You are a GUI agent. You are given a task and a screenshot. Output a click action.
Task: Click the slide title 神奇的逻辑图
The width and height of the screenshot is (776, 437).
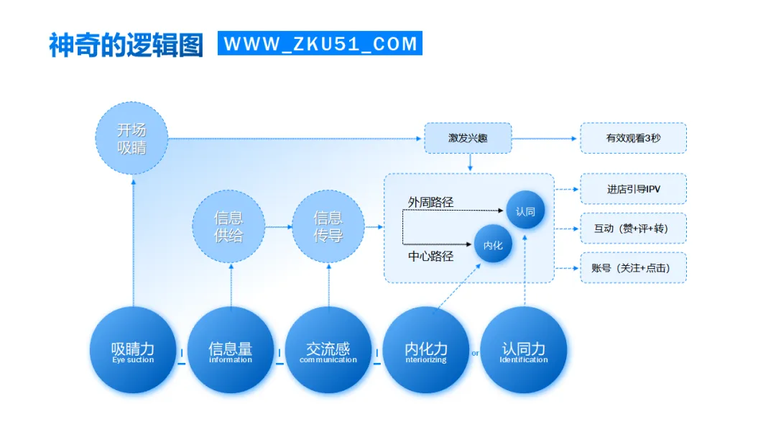pos(126,45)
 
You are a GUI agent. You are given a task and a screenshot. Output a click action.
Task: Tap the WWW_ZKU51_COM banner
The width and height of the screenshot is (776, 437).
pos(320,44)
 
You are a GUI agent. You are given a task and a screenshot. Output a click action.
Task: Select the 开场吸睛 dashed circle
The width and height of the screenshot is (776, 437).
pos(131,138)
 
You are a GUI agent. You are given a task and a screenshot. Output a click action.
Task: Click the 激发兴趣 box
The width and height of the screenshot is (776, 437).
pos(468,138)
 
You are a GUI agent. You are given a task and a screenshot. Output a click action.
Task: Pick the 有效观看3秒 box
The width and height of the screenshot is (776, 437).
pos(633,138)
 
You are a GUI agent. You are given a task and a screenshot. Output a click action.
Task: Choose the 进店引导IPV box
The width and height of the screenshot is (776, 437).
pos(633,189)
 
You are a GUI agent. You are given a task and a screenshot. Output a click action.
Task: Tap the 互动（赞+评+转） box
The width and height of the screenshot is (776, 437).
pos(633,229)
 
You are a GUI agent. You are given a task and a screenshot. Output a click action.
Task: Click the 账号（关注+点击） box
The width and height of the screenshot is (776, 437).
pos(633,268)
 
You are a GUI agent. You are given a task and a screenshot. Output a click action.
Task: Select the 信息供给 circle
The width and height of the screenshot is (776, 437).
pos(228,226)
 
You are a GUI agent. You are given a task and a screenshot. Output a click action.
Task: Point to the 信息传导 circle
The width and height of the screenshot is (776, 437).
pos(328,226)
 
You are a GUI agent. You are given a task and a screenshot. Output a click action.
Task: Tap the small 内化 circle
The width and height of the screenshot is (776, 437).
pos(493,244)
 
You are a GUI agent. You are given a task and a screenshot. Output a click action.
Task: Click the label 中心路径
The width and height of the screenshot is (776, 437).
pos(431,255)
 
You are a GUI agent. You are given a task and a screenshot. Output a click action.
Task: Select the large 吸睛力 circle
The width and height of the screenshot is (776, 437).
pos(133,351)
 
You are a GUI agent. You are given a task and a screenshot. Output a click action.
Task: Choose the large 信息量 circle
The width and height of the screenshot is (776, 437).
pos(231,351)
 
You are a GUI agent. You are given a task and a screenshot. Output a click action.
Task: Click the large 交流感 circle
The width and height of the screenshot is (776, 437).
pos(328,351)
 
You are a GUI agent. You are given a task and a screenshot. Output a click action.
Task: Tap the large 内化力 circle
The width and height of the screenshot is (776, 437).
pos(426,351)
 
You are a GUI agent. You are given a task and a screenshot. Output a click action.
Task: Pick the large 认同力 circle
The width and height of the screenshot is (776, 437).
pos(524,351)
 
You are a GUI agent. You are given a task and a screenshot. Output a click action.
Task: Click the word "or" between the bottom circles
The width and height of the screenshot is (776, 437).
pos(475,353)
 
